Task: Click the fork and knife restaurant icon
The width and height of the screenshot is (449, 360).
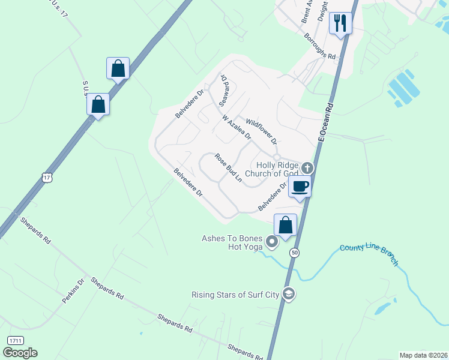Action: [x=340, y=23]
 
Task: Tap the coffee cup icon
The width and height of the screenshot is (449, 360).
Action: [x=300, y=186]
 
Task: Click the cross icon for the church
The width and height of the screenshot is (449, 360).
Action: [x=307, y=167]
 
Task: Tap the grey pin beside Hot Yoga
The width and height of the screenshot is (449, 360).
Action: [x=271, y=242]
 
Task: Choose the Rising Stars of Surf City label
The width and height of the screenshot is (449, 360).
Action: [x=237, y=295]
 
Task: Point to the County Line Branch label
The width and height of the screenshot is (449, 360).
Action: [x=369, y=254]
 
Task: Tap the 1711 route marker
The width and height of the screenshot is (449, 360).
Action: [x=16, y=340]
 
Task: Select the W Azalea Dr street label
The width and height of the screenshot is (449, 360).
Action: [x=237, y=127]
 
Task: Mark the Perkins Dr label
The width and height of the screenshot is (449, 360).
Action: [x=73, y=291]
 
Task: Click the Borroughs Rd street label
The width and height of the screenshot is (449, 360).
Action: [x=319, y=46]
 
